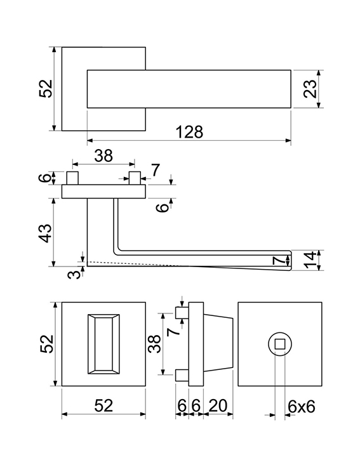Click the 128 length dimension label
coord(190,132)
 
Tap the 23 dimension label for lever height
coord(310,89)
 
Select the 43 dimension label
coord(45,233)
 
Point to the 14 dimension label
coord(310,260)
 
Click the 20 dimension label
coord(218,405)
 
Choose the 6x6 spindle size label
coord(302,406)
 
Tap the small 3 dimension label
coord(74,273)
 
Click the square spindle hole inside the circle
coord(280,345)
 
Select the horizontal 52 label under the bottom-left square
coord(103,405)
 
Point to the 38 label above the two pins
coord(103,155)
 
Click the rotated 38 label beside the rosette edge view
coord(155,344)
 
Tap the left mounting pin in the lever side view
coord(72,178)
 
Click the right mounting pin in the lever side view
coord(135,178)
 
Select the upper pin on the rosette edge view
coord(182,313)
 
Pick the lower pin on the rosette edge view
coord(182,375)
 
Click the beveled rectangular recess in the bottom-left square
coord(103,344)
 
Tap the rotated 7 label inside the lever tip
coord(279,261)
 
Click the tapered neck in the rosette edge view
coord(218,345)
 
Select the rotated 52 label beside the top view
coord(45,89)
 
